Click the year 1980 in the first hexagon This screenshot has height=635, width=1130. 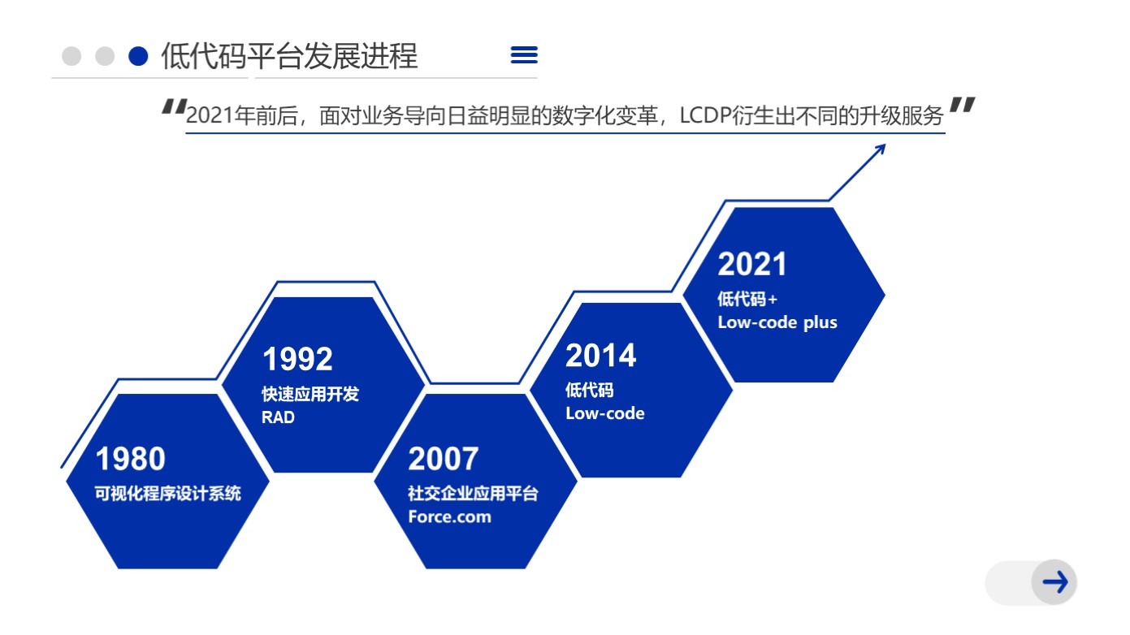point(130,459)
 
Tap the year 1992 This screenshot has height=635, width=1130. point(297,359)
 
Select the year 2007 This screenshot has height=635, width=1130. point(444,459)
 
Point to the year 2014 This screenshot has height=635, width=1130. point(601,356)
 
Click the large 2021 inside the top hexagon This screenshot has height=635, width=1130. point(752,264)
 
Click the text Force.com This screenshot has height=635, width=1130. point(449,516)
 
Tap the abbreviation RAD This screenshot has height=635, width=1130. point(278,417)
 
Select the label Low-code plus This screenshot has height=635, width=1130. point(777,322)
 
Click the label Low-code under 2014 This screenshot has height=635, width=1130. point(605,413)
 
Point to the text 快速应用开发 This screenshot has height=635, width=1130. point(310,394)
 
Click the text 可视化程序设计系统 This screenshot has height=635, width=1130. point(168,493)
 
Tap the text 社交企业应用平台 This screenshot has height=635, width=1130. point(473,493)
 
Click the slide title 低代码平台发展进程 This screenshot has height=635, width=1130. point(289,55)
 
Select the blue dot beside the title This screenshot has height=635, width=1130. point(138,56)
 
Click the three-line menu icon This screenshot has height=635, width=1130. point(524,54)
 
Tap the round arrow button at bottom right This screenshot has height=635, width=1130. point(1054,582)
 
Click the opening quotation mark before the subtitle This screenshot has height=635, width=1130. point(175,107)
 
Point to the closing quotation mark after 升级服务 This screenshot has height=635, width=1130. point(962,106)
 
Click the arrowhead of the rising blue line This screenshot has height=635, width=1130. point(881,149)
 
